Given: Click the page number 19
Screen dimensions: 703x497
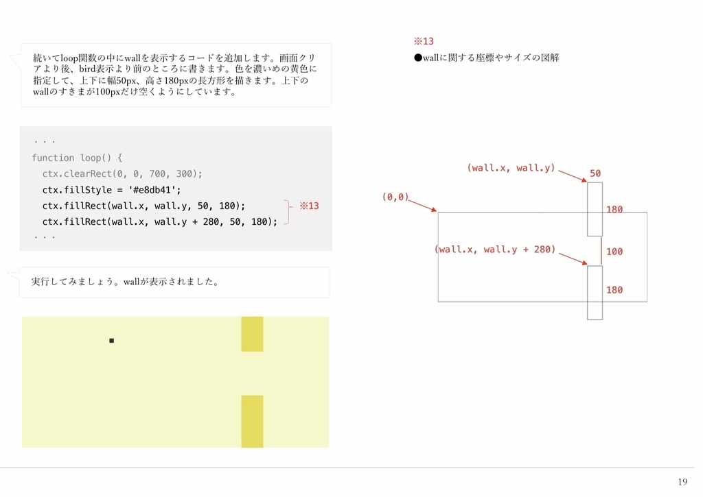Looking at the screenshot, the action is [682, 482].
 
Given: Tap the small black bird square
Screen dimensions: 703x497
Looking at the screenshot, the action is [111, 341].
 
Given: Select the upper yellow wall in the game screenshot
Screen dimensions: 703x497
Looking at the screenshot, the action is [252, 334].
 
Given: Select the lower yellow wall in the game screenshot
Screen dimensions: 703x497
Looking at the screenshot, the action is [252, 421].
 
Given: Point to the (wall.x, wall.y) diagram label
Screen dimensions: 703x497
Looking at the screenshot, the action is [511, 168].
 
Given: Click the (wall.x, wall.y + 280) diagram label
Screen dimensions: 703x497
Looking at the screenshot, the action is [496, 250].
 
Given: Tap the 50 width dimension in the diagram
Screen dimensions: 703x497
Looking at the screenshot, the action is [595, 173].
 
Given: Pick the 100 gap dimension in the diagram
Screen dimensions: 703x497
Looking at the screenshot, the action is [614, 252].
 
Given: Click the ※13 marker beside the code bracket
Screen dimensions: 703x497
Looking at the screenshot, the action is [309, 206].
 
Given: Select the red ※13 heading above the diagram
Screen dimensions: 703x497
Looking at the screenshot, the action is [423, 41].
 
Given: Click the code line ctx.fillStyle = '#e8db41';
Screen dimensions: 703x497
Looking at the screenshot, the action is [111, 190].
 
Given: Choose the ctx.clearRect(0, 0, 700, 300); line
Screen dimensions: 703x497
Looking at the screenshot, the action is [122, 173].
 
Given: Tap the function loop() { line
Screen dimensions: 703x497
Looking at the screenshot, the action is [77, 158].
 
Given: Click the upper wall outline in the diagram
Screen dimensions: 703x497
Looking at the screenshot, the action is [595, 209].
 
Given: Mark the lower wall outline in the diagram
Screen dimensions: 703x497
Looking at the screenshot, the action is [595, 293].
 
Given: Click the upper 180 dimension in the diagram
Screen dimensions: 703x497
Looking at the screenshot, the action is [614, 210].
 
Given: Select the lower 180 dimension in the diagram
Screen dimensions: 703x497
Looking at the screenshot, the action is [614, 290].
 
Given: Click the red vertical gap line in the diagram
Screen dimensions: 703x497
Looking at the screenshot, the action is [601, 251].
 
